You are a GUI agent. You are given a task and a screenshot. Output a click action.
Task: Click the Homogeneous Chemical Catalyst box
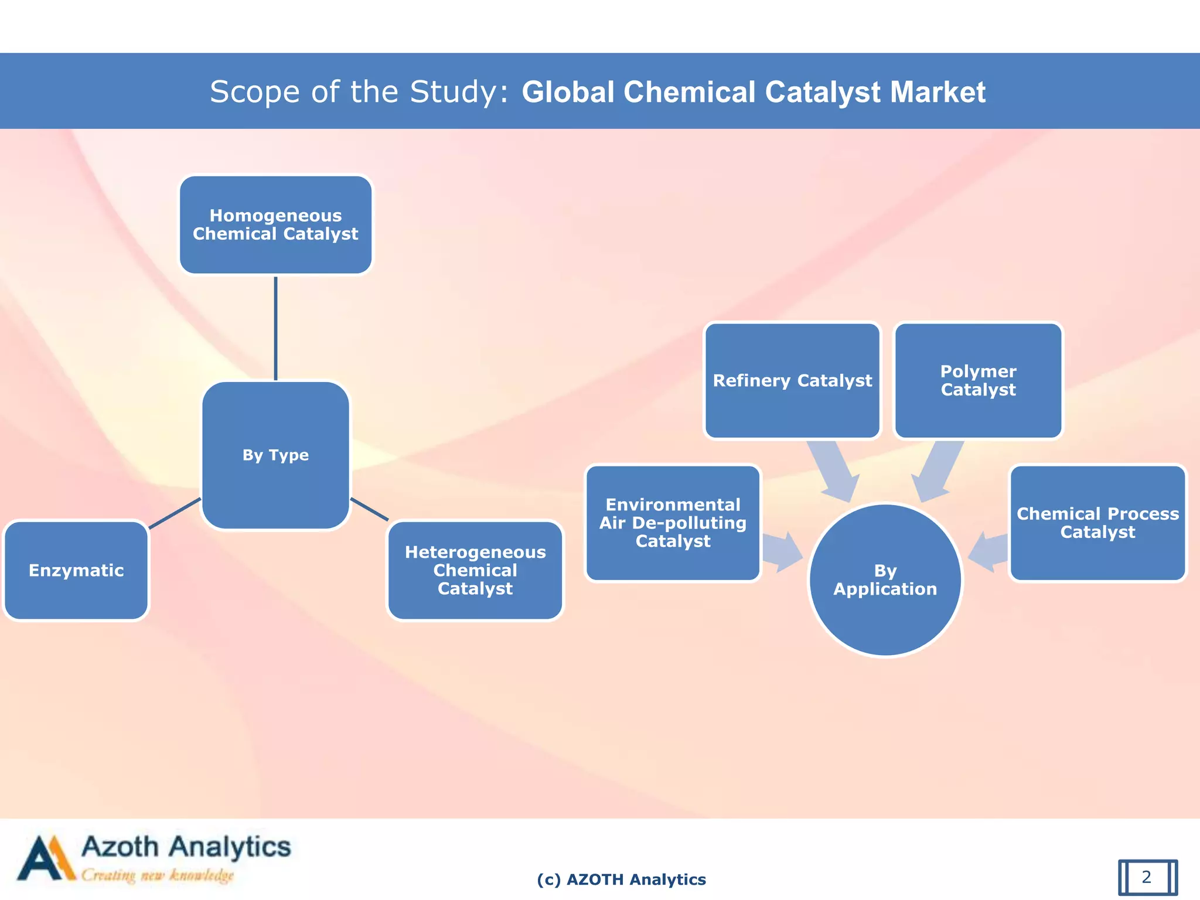tap(275, 225)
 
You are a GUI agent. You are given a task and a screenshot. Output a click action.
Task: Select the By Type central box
tap(275, 455)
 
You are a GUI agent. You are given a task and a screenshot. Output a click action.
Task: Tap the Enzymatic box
tap(76, 570)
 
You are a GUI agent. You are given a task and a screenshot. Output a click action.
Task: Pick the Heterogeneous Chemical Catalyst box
tap(475, 570)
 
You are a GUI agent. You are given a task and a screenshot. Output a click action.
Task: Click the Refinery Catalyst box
tap(792, 380)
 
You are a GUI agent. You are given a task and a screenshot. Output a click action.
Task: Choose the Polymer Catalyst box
tap(978, 380)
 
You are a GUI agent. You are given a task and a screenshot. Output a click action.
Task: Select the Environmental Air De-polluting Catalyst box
tap(673, 523)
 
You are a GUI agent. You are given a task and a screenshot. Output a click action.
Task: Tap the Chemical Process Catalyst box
tap(1097, 523)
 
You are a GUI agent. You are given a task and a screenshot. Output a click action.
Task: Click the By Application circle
tap(885, 580)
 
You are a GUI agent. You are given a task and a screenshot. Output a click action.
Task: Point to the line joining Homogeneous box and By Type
tap(275, 328)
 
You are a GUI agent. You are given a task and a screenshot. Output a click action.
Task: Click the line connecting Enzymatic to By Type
tap(175, 513)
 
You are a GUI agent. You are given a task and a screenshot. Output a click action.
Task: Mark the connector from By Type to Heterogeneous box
tap(369, 509)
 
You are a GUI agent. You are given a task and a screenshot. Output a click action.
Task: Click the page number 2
tap(1147, 877)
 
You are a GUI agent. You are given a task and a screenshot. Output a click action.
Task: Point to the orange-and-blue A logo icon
tap(46, 858)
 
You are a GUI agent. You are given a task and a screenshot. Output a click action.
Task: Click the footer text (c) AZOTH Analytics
tap(621, 879)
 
